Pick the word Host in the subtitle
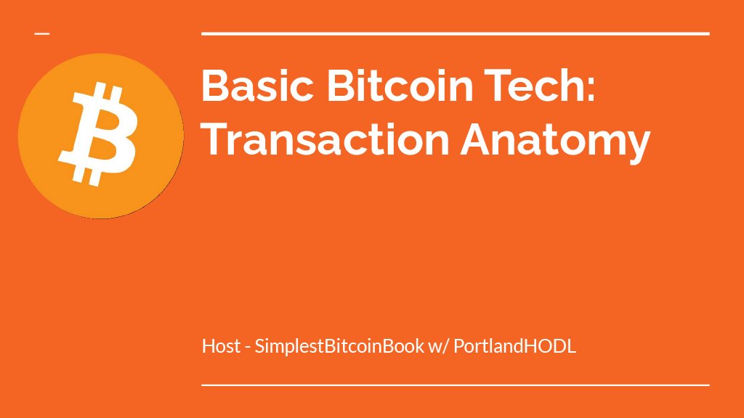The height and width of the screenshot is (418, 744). (221, 346)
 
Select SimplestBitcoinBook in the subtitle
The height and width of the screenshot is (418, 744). (339, 346)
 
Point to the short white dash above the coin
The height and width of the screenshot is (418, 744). (42, 33)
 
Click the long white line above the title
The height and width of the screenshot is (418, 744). (455, 33)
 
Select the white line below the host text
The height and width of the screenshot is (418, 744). (455, 385)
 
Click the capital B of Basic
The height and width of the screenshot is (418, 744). (215, 86)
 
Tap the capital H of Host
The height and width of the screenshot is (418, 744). (209, 346)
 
